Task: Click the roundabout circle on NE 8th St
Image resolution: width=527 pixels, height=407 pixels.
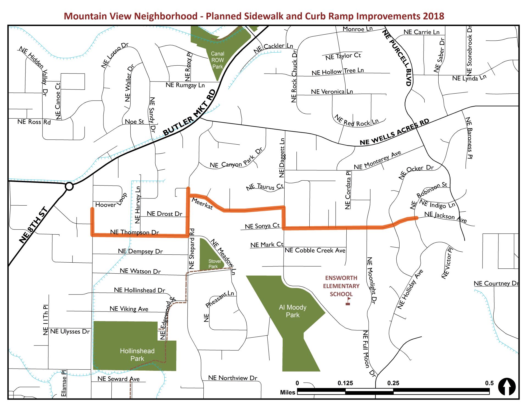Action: [69, 187]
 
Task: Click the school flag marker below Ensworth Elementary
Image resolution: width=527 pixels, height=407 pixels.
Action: [348, 301]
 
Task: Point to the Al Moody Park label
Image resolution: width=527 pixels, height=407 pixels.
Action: [293, 311]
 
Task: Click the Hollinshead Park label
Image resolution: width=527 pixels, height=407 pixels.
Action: [137, 355]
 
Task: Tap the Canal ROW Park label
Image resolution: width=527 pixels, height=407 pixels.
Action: [217, 60]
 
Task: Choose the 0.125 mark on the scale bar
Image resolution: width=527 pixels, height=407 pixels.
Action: [345, 383]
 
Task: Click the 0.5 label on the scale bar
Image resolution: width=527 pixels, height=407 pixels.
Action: [489, 383]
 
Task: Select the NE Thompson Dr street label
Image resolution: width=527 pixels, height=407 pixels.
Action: [134, 232]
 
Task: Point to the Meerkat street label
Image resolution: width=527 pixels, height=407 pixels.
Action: [202, 204]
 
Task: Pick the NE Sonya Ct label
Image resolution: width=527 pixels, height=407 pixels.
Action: [262, 226]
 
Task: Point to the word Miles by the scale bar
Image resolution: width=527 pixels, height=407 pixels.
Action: [287, 392]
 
